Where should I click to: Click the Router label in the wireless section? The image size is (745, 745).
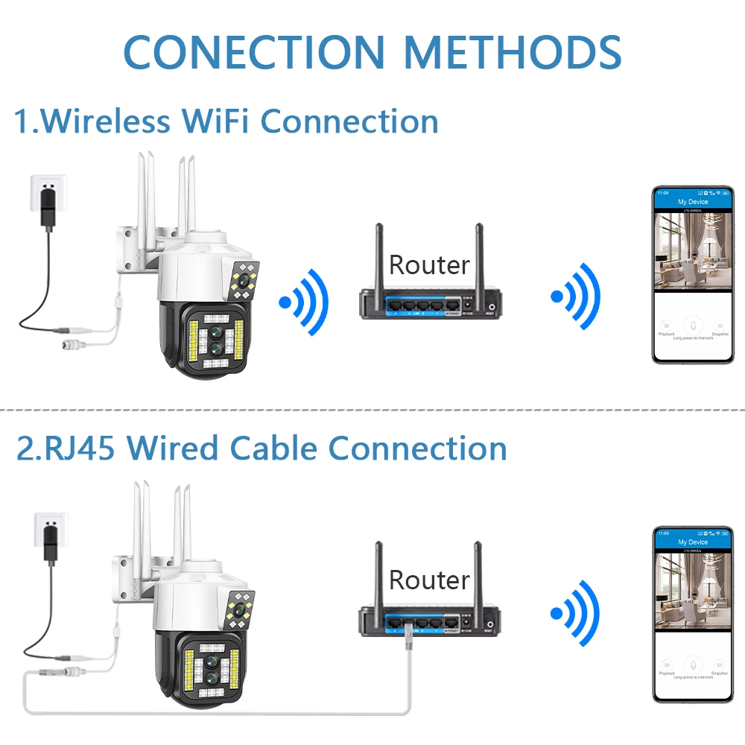pyautogui.click(x=429, y=264)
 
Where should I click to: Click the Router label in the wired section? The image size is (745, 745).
pyautogui.click(x=429, y=580)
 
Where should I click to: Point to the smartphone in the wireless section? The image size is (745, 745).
pyautogui.click(x=691, y=275)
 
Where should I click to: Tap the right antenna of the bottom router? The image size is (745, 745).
pyautogui.click(x=478, y=574)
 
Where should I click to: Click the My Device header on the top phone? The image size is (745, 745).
pyautogui.click(x=692, y=202)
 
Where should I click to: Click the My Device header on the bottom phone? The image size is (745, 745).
pyautogui.click(x=692, y=542)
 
